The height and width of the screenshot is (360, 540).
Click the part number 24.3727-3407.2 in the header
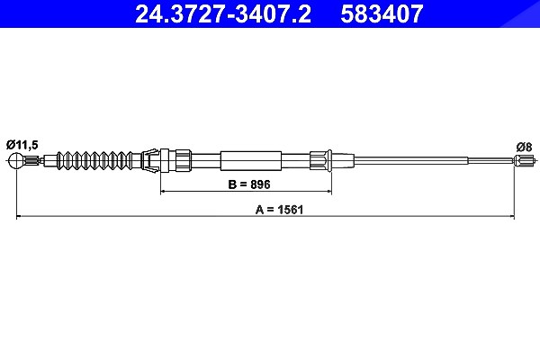coord(223,14)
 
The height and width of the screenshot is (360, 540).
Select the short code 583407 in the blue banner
coord(382,14)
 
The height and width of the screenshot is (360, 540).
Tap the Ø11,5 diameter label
coord(22,146)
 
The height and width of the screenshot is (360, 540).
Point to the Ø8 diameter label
coord(524,147)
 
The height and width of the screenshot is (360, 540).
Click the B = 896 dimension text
coord(249,184)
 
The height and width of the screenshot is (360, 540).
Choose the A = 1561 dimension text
coord(279,210)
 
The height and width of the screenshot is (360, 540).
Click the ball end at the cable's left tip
coord(16,160)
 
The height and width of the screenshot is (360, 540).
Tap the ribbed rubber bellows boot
coord(94,160)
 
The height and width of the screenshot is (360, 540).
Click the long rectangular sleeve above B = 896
coord(251,160)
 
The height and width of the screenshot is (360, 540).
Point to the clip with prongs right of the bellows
coord(150,160)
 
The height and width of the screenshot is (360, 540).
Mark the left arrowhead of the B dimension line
coord(164,191)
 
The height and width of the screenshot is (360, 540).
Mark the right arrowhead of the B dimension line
coord(328,191)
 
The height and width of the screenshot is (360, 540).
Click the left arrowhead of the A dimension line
coord(20,216)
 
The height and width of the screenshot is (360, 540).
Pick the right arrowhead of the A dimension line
coord(510,216)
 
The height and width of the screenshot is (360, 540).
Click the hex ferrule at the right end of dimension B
coord(321,160)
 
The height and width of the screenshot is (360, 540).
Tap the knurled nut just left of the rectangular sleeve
coord(184,160)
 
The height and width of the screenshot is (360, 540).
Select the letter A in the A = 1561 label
coord(259,210)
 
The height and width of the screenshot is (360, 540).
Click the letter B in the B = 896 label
coord(232,184)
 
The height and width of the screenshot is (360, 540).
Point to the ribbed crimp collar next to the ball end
coord(32,160)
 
